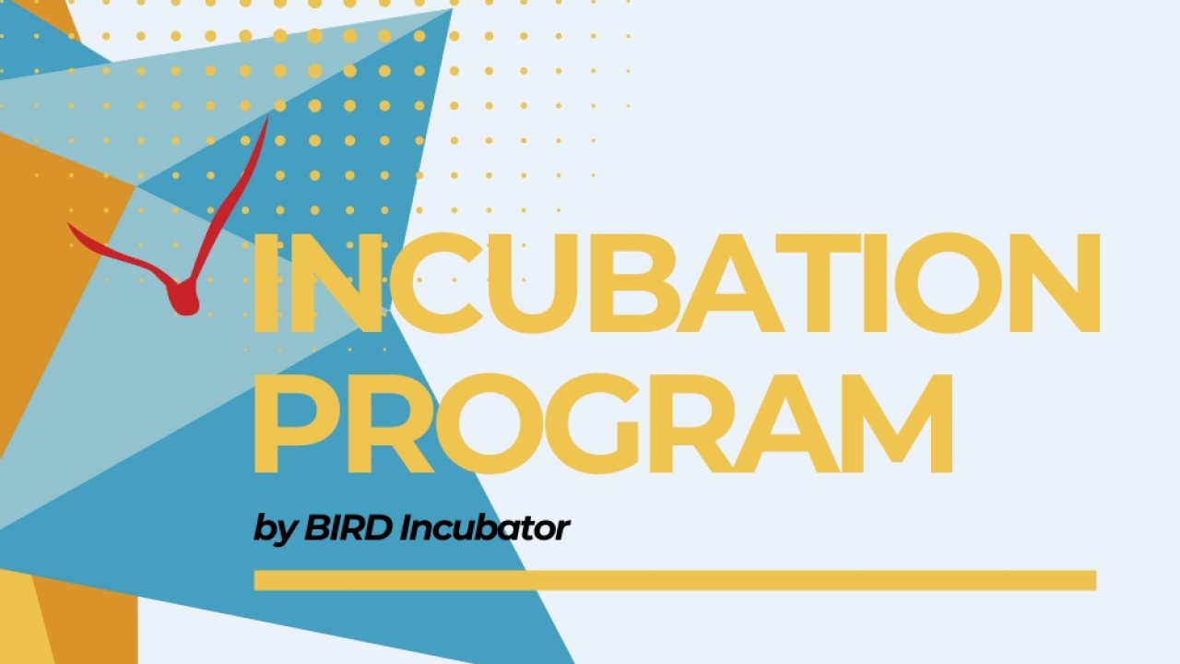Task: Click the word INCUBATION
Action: coord(678,283)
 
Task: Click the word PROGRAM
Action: coord(604,423)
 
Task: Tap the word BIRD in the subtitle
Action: coord(348,528)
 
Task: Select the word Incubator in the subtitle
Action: coord(485,528)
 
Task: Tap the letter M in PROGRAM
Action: coord(895,423)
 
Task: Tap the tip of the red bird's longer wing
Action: coord(267,117)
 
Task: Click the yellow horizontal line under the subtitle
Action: coord(676,580)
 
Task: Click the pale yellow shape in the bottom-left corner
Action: coord(24,617)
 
